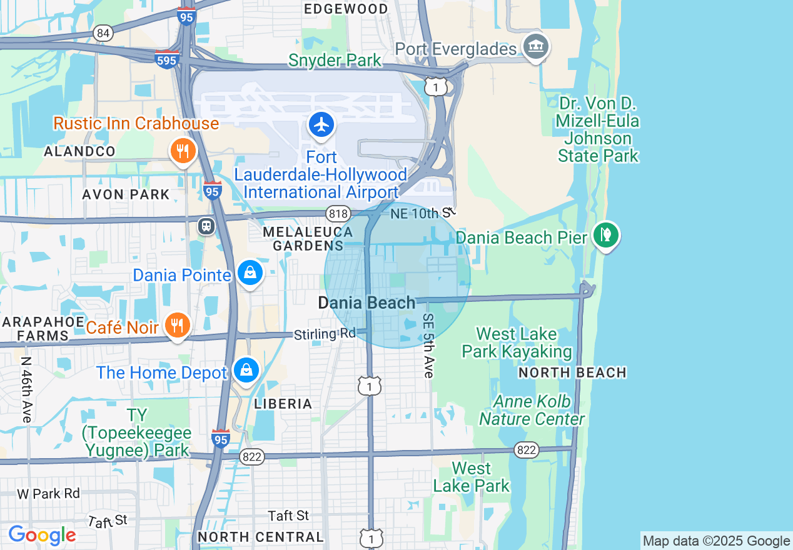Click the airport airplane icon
tap(321, 125)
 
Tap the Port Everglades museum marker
tap(536, 47)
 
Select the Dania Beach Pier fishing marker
tap(605, 236)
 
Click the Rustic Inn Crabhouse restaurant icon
tap(183, 151)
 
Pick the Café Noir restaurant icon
tap(178, 325)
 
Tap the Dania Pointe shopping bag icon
tap(250, 273)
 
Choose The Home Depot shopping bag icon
tap(247, 370)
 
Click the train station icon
tap(206, 226)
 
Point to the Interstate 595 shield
tap(168, 59)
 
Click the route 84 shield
tap(104, 33)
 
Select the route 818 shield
tap(338, 214)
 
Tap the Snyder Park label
tap(335, 61)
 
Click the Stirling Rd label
tap(325, 334)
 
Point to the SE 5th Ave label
tap(428, 346)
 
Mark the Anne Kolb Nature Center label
tap(532, 410)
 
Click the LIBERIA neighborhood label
tap(283, 404)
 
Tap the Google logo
tap(42, 535)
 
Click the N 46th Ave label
tap(26, 389)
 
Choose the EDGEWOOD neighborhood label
tap(345, 9)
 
